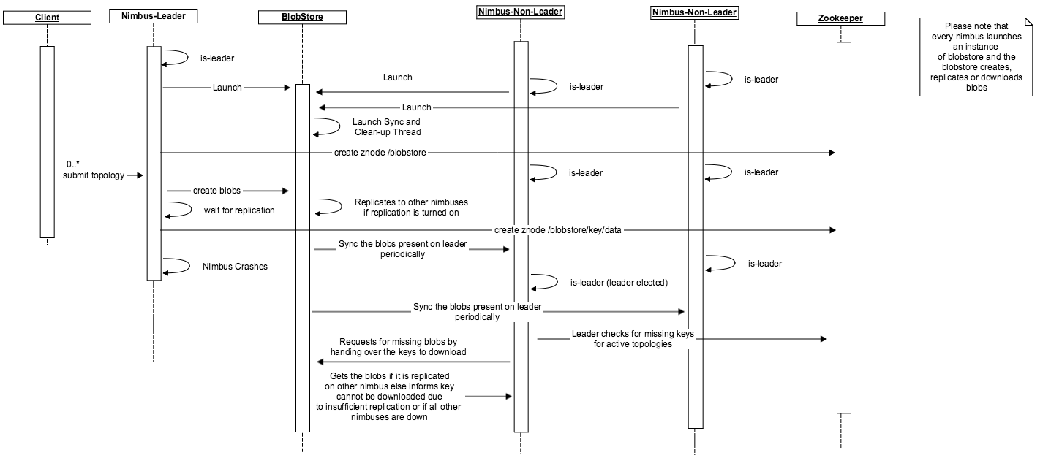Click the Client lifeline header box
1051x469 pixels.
[x=47, y=18]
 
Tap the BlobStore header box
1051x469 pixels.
[x=301, y=18]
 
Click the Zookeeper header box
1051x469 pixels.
[x=840, y=19]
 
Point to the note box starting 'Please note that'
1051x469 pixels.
[x=976, y=57]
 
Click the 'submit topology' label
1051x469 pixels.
[x=94, y=175]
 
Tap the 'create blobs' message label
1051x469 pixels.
[x=216, y=191]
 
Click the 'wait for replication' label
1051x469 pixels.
[x=239, y=210]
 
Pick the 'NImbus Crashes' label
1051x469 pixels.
[x=235, y=267]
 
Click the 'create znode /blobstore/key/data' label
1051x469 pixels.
[x=558, y=230]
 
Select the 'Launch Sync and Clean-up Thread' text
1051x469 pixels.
[x=386, y=127]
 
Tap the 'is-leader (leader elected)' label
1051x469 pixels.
[x=619, y=282]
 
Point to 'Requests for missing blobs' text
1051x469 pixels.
[x=398, y=346]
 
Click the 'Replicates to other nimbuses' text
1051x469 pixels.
[x=411, y=207]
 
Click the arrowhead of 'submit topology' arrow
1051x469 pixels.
[x=140, y=175]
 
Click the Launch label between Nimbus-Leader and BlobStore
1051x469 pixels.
[x=227, y=88]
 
